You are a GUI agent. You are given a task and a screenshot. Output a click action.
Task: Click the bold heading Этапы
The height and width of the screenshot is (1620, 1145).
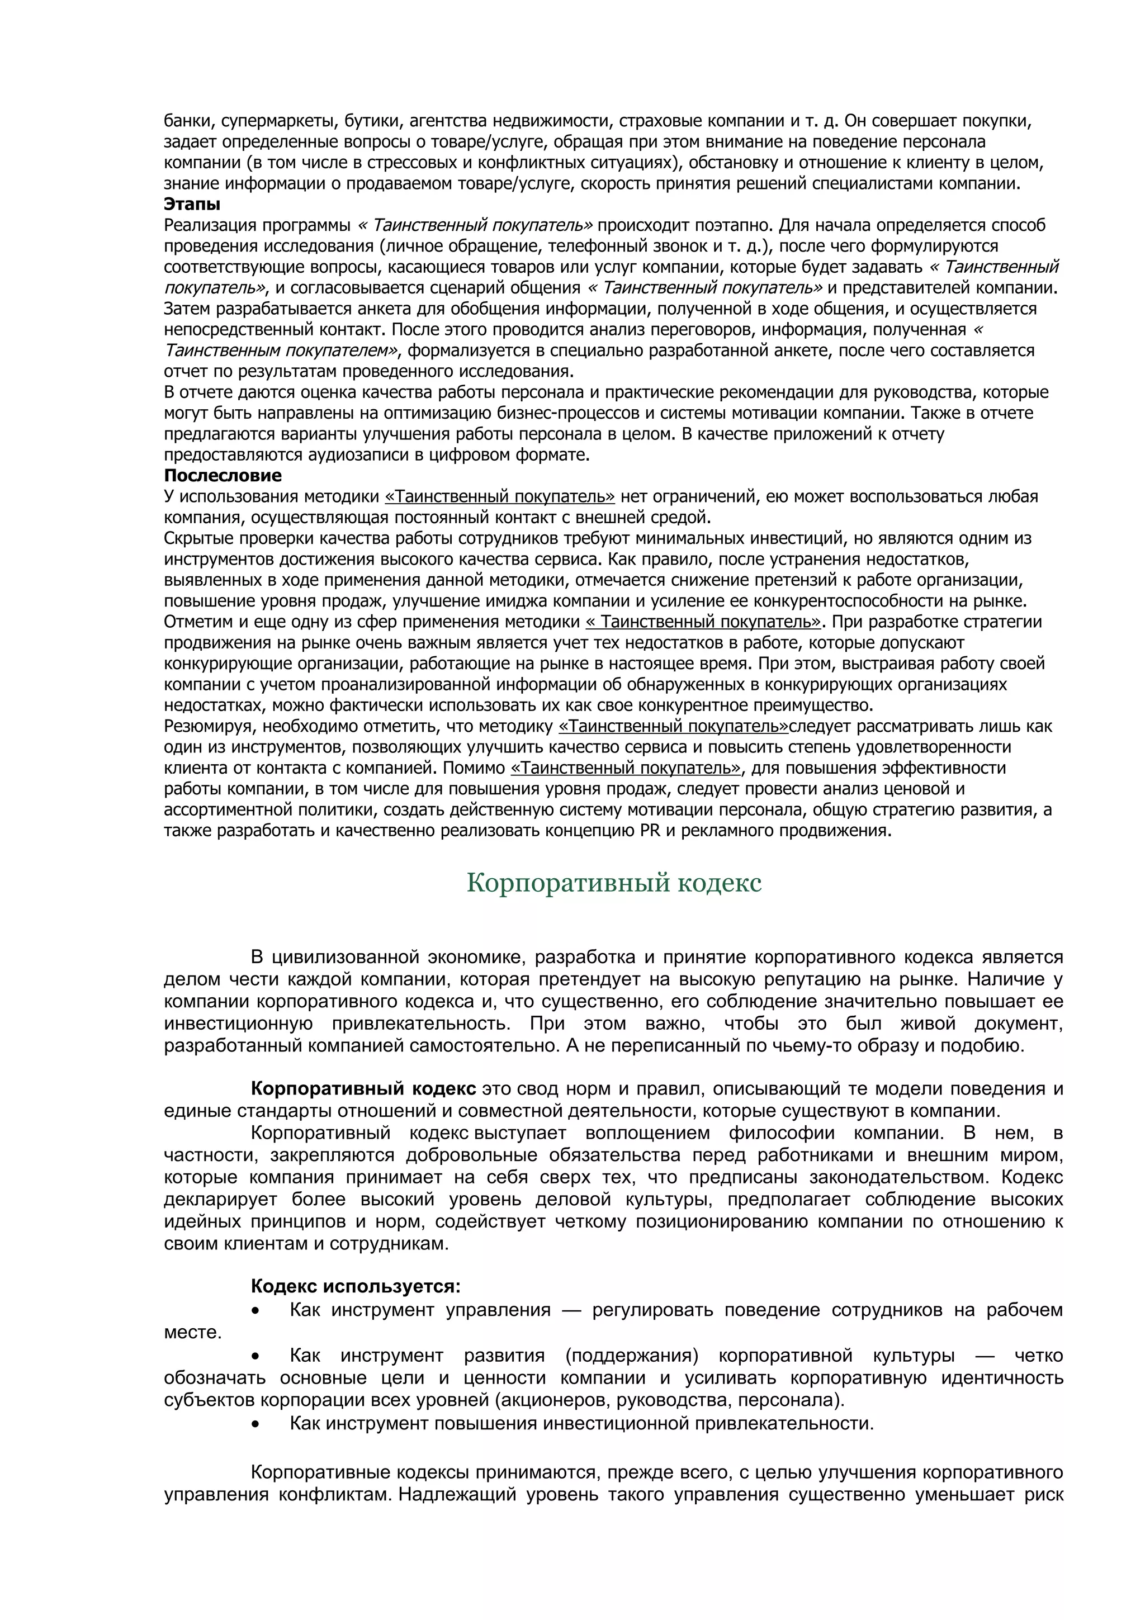[x=192, y=205]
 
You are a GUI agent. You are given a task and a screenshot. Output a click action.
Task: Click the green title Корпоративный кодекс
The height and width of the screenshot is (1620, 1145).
[x=614, y=883]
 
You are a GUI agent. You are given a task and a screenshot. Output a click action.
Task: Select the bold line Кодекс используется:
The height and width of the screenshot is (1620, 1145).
[x=356, y=1286]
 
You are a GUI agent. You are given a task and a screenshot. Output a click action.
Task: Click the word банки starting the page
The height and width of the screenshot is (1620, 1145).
[x=185, y=121]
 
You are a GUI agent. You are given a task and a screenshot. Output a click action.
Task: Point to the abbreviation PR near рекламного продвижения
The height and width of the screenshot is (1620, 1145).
[x=650, y=831]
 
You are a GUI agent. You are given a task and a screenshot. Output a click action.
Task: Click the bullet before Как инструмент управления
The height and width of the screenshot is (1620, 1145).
[x=256, y=1310]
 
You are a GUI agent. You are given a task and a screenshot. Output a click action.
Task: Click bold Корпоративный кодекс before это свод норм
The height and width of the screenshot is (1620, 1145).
[x=363, y=1089]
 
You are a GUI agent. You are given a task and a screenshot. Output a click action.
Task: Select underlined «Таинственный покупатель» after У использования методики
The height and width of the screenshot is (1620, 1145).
[x=499, y=497]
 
